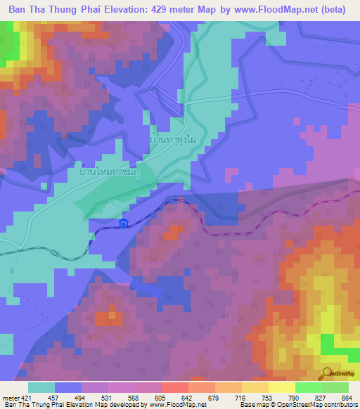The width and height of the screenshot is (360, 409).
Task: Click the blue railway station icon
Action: coord(124,224)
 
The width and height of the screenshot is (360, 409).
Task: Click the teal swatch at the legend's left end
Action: coord(41,388)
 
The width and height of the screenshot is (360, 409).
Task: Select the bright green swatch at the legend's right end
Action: coord(335,388)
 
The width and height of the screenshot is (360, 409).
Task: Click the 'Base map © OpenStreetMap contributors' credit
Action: coord(297,405)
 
